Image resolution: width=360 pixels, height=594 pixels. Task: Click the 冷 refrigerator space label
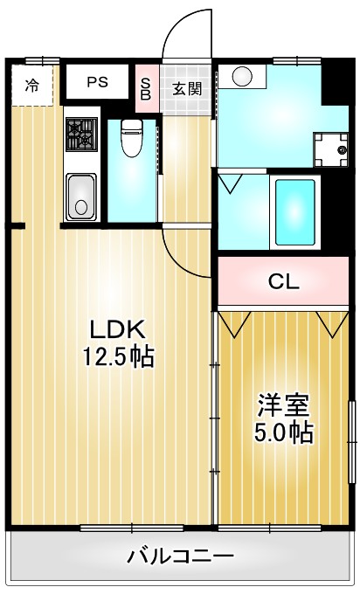[x=31, y=86]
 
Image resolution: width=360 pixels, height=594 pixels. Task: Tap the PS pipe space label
[x=96, y=83]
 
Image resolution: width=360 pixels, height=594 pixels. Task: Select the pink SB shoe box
[x=146, y=87]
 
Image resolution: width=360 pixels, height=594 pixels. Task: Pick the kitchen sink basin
[x=81, y=196]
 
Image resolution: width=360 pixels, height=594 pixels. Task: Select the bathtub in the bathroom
[x=294, y=211]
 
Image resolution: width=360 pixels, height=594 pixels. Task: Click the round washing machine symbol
[x=242, y=78]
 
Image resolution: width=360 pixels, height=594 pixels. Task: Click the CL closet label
[x=283, y=281]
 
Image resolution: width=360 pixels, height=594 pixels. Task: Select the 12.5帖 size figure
[x=119, y=356]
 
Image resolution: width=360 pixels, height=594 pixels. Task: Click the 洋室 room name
[x=282, y=405]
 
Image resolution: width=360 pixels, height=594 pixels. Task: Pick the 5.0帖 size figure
[x=282, y=432]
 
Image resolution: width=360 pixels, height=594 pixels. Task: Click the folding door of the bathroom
[x=232, y=183]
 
